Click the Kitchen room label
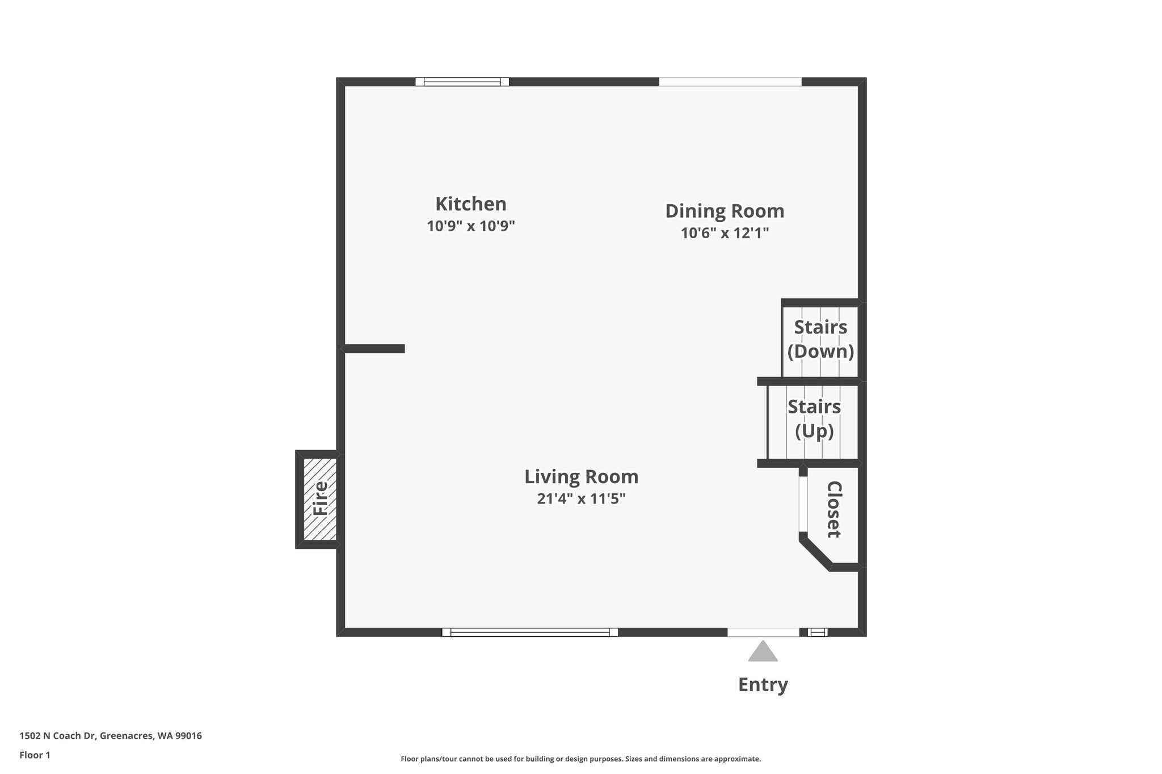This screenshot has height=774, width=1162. pos(471,204)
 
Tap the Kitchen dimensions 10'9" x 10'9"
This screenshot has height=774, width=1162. pos(471,226)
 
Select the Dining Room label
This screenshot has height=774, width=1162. pos(725,211)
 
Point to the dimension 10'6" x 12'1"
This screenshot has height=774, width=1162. pos(725,233)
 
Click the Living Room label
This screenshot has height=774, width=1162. pos(581,477)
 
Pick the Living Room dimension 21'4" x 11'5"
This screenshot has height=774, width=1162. pos(581,499)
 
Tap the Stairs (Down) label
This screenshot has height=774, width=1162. pos(820,339)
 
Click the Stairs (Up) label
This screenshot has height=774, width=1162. pos(814,418)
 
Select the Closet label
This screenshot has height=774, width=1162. pos(833,509)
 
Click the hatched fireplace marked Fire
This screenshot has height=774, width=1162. pos(320,499)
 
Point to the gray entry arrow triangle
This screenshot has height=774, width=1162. pos(763,652)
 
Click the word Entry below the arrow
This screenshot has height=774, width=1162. pos(763,685)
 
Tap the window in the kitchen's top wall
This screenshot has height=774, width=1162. pos(462,82)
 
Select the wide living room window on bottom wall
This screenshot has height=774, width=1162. pos(530,632)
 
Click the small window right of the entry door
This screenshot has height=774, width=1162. pos(818,632)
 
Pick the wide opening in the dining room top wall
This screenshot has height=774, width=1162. pos(730,82)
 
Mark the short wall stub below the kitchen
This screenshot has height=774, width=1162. pos(374,349)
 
